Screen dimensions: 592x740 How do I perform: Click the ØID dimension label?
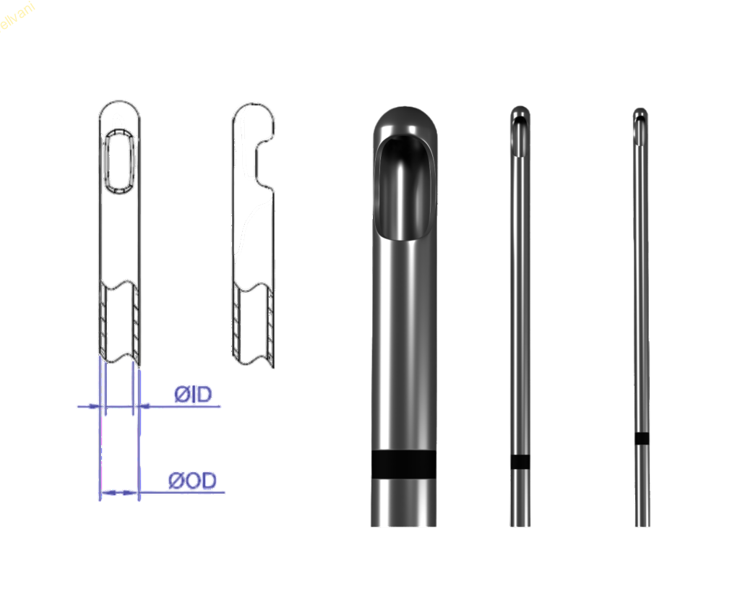[x=192, y=395]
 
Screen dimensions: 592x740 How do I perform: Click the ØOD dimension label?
[x=193, y=481]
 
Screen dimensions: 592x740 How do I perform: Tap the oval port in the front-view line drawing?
[x=119, y=160]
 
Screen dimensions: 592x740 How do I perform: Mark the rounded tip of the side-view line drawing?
[x=252, y=108]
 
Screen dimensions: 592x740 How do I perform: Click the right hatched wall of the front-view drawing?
[x=135, y=322]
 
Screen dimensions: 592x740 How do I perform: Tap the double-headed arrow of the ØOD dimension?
[x=119, y=492]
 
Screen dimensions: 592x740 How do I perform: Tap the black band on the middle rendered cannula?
[x=520, y=462]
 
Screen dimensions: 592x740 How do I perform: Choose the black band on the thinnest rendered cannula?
[x=642, y=438]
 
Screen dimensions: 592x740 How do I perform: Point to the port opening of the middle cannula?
[x=520, y=137]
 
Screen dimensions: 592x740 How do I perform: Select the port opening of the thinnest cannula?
[x=641, y=129]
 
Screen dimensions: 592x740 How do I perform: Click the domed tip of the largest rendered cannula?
[x=404, y=116]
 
